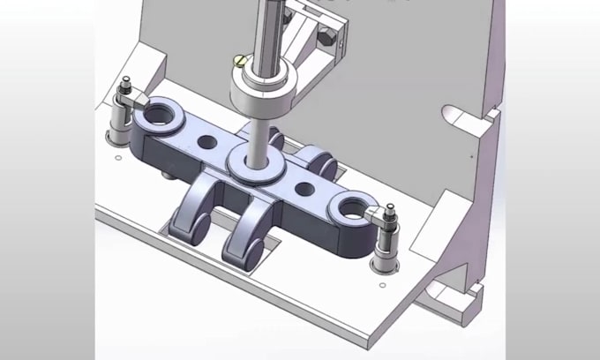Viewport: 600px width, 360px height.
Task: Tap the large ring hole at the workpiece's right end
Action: pyautogui.click(x=350, y=209)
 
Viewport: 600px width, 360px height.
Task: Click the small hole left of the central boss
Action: pyautogui.click(x=207, y=141)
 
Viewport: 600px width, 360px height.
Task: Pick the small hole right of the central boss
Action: pyautogui.click(x=304, y=188)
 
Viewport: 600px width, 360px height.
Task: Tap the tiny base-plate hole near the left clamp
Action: pyautogui.click(x=117, y=159)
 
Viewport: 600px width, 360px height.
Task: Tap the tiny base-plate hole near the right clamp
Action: pyautogui.click(x=381, y=284)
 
